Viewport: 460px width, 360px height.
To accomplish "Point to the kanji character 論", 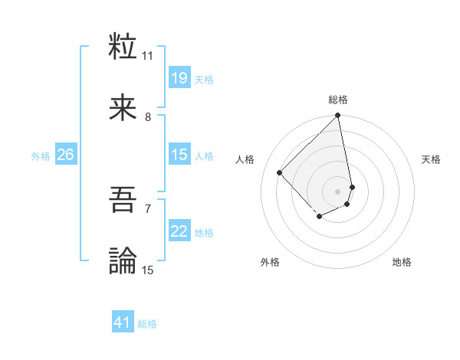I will click(123, 260).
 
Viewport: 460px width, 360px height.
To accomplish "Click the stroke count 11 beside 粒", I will click(148, 55).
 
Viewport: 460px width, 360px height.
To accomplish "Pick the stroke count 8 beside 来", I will click(148, 116).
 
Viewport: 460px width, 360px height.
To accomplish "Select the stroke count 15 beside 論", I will click(148, 270).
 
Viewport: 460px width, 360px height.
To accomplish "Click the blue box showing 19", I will click(179, 78).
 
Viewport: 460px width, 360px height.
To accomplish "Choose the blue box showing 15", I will click(179, 155).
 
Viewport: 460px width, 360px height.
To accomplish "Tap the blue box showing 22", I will click(179, 232).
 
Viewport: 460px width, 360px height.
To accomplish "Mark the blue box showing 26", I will click(65, 155).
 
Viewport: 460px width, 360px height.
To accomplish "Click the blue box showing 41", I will click(123, 323).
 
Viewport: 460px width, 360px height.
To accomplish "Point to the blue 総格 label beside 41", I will click(147, 324).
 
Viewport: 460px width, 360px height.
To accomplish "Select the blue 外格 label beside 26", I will click(41, 156).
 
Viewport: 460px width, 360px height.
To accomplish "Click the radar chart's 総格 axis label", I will click(338, 100).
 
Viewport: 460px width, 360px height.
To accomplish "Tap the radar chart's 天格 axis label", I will click(431, 159).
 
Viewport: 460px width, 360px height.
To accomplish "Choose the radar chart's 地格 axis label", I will click(402, 262).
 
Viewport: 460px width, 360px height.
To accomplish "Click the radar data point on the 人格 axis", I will click(280, 172).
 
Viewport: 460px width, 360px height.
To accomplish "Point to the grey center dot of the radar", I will click(338, 191).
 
